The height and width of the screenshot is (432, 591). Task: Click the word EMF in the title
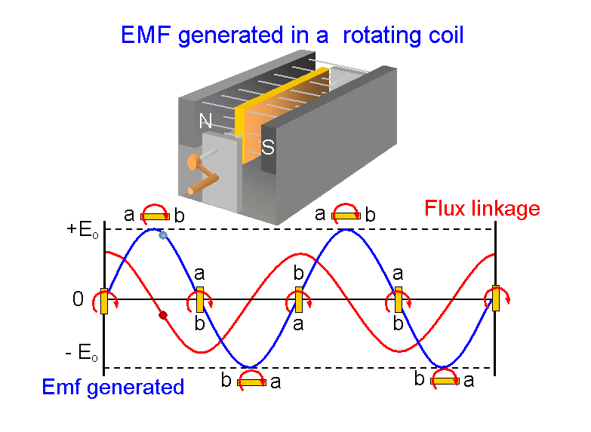click(x=147, y=35)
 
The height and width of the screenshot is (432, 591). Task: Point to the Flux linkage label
click(x=482, y=208)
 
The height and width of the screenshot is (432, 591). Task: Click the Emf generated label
click(x=113, y=388)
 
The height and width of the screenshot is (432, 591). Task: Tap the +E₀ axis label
click(x=81, y=229)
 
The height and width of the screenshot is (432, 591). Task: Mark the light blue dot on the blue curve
click(x=162, y=235)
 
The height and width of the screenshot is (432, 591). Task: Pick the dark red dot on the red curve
click(x=162, y=315)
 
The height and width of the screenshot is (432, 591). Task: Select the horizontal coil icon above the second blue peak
click(x=346, y=216)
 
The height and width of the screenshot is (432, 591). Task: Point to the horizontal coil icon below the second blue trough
click(x=445, y=381)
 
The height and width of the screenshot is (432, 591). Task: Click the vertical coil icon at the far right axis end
click(x=495, y=299)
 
